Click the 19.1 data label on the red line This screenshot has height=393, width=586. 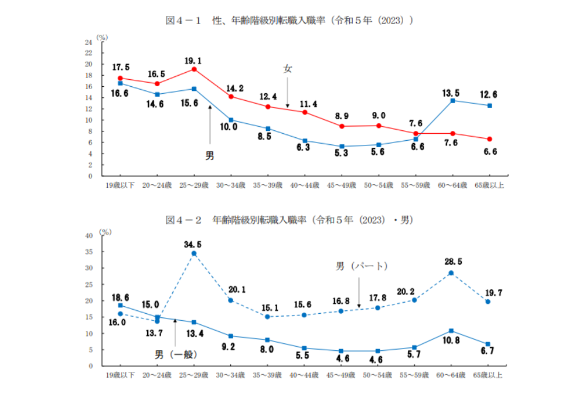click(193, 60)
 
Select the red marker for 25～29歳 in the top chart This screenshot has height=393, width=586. click(194, 69)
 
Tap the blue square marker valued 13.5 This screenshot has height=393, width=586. click(452, 100)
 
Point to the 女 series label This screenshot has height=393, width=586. click(288, 69)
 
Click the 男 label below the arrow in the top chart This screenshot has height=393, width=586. click(209, 157)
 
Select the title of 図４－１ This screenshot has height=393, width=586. click(290, 21)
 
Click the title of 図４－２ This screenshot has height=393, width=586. click(290, 220)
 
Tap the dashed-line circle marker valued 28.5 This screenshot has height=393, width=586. click(451, 273)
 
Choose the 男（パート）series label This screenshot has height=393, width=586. click(362, 266)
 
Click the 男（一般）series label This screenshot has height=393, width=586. click(176, 354)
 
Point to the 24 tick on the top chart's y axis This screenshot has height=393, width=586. click(88, 42)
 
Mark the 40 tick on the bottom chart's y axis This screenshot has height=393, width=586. click(88, 236)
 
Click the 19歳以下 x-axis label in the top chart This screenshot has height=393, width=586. click(120, 185)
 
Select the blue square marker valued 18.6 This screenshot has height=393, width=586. click(120, 305)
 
